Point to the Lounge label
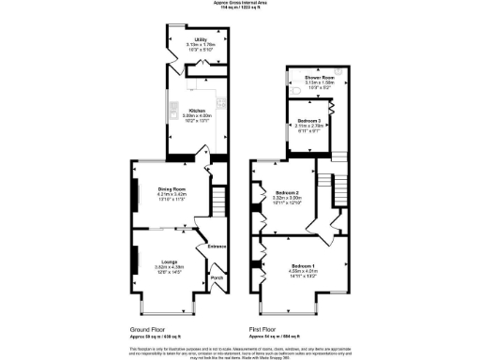click(169, 261)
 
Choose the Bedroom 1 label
click(304, 266)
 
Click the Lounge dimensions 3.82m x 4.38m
click(169, 266)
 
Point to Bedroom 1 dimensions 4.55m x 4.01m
click(304, 272)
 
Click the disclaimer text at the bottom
click(239, 351)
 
